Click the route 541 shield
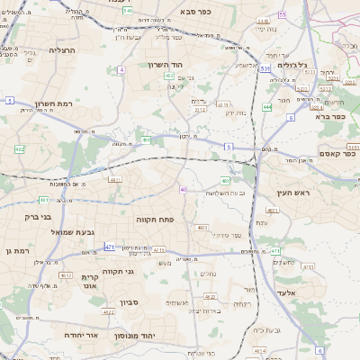coord(127,11)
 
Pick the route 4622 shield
coord(108,312)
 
